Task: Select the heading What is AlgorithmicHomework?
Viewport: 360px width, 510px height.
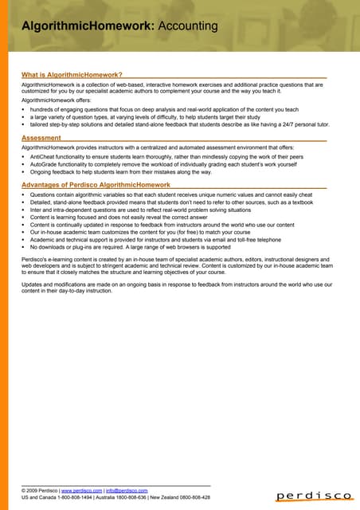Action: point(71,75)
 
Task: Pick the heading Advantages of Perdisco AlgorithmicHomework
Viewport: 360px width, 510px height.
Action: point(96,185)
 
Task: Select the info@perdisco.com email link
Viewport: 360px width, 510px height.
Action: point(127,491)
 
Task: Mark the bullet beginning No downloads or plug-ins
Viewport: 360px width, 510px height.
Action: point(119,247)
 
